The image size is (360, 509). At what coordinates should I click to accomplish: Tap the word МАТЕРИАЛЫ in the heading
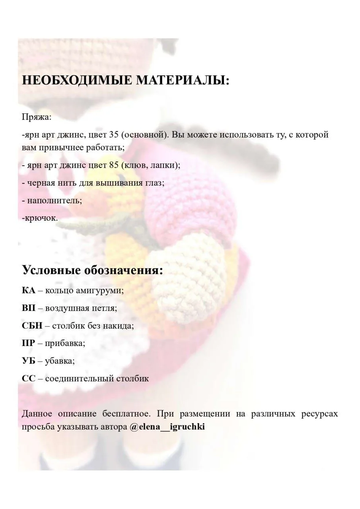[183, 80]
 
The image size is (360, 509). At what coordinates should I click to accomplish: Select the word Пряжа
[36, 117]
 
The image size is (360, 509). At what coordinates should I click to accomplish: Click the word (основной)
[144, 134]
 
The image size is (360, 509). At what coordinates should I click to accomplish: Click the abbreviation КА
[29, 290]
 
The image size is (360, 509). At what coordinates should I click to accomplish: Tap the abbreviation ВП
[29, 308]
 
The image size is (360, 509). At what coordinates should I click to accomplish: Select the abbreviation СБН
[32, 325]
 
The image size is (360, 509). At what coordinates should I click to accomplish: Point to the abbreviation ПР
[28, 343]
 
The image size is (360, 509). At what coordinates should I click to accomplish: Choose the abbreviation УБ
[29, 361]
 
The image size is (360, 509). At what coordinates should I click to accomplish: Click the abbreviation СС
[29, 378]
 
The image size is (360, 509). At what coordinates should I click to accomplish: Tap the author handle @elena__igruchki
[167, 427]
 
